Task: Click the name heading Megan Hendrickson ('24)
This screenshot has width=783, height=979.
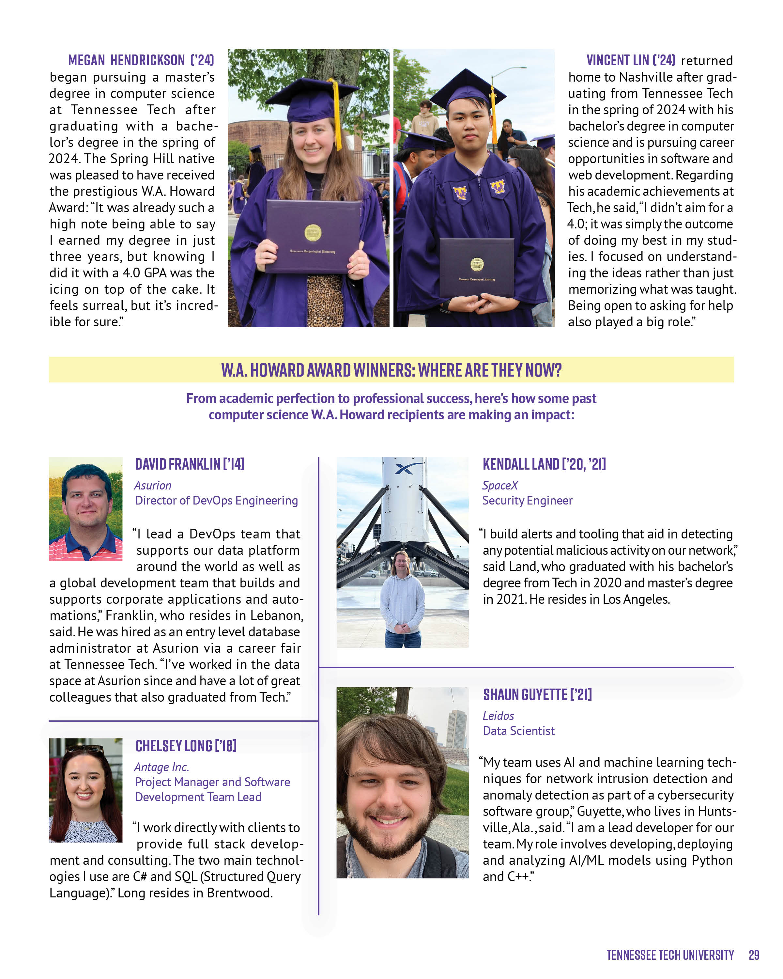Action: (141, 60)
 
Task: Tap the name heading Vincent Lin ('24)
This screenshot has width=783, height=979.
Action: (631, 60)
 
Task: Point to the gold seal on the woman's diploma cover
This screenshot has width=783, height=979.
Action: (313, 232)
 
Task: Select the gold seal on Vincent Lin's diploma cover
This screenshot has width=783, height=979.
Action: (477, 264)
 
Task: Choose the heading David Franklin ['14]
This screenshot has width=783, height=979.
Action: (190, 464)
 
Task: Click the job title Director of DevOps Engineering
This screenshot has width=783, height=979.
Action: (217, 500)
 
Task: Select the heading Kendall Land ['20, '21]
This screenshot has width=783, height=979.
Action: (544, 464)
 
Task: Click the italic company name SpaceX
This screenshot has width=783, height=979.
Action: (500, 485)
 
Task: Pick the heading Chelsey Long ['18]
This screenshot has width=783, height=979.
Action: (186, 746)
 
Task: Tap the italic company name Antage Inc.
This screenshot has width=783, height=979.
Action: (161, 767)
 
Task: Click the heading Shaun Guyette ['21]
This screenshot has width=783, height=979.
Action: (537, 694)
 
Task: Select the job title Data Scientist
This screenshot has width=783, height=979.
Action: (518, 731)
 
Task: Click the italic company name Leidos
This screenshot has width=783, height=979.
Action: (498, 716)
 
